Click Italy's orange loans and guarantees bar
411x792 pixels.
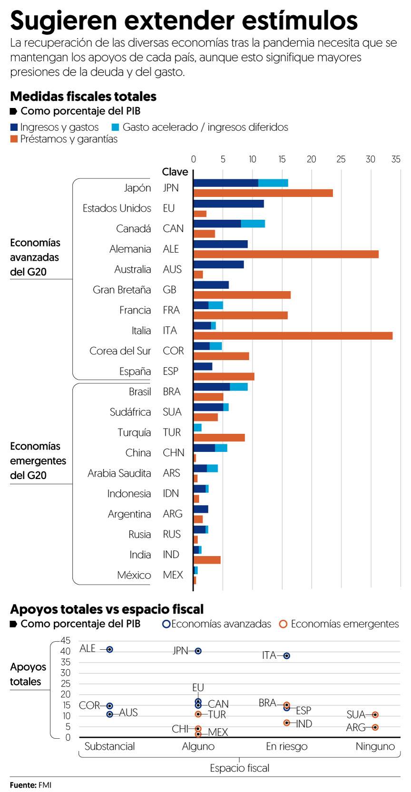pyautogui.click(x=293, y=336)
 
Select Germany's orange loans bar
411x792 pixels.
pyautogui.click(x=285, y=254)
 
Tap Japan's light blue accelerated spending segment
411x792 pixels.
pyautogui.click(x=273, y=183)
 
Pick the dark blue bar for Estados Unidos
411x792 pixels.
pyautogui.click(x=228, y=204)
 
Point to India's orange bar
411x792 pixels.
pyautogui.click(x=207, y=560)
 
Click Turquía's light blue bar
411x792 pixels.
pyautogui.click(x=197, y=428)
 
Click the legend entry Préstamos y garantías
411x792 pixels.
pyautogui.click(x=64, y=139)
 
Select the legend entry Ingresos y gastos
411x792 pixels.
pyautogui.click(x=54, y=127)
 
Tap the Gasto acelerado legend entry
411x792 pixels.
pyautogui.click(x=200, y=127)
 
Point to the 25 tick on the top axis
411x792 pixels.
pyautogui.click(x=341, y=159)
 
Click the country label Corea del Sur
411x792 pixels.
pyautogui.click(x=120, y=351)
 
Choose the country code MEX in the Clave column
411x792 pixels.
pyautogui.click(x=173, y=575)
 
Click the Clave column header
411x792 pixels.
pyautogui.click(x=175, y=172)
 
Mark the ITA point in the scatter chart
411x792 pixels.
pyautogui.click(x=286, y=655)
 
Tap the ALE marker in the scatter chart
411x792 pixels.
pyautogui.click(x=109, y=649)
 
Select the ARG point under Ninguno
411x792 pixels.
pyautogui.click(x=375, y=727)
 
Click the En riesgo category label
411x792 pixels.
pyautogui.click(x=286, y=746)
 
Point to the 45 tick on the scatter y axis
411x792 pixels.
pyautogui.click(x=65, y=640)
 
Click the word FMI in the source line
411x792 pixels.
pyautogui.click(x=45, y=785)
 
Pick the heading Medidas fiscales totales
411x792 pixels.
pyautogui.click(x=83, y=97)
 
